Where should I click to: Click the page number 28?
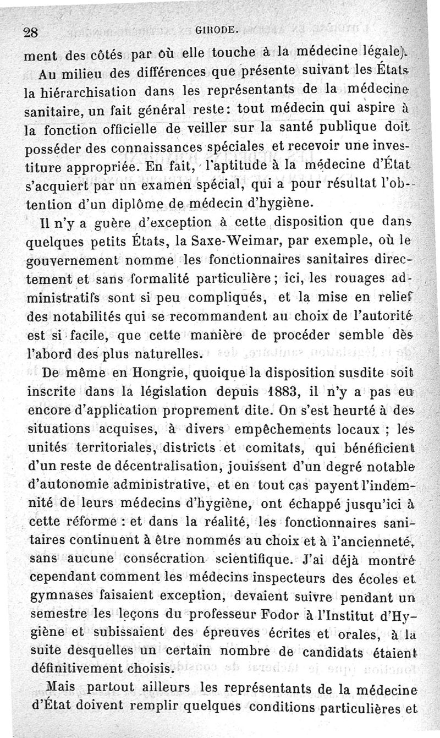tap(32, 32)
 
